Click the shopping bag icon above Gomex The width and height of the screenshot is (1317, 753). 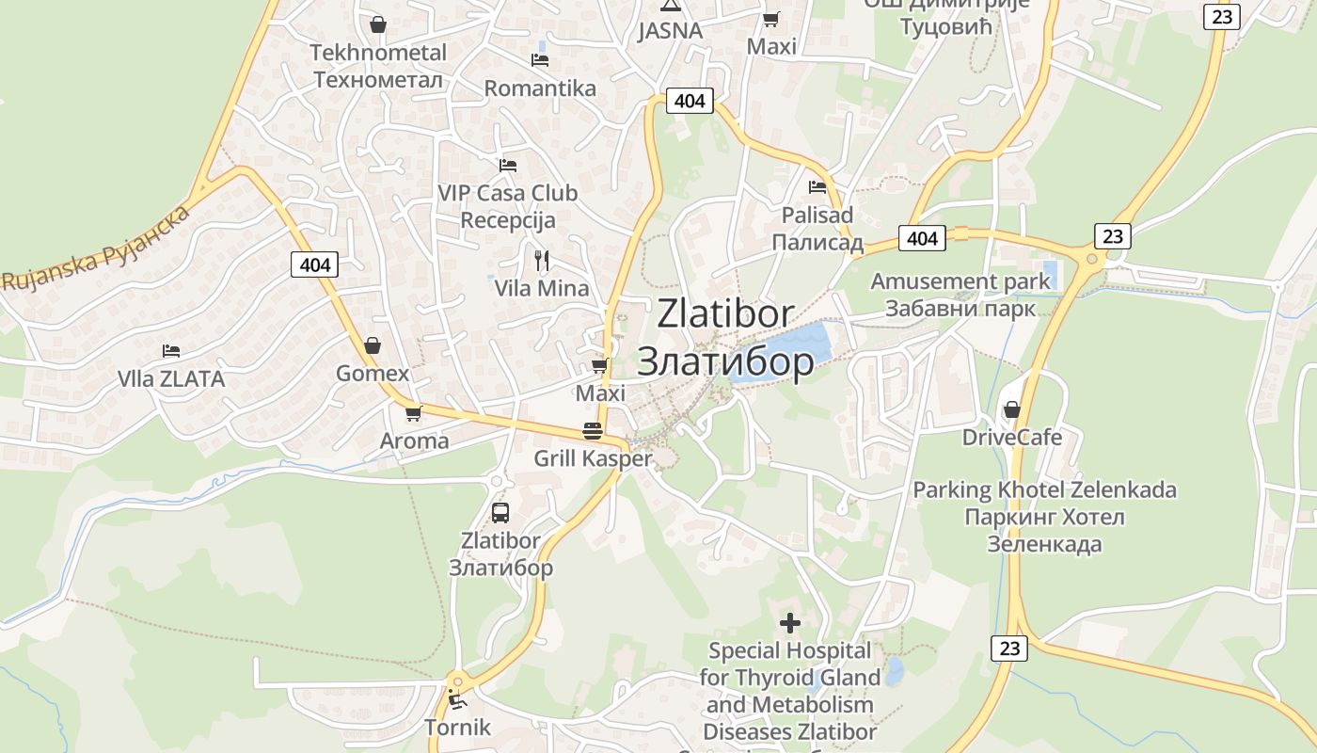[x=373, y=345]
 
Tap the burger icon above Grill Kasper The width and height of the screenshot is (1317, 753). [x=593, y=431]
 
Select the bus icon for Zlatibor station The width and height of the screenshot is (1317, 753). [x=500, y=513]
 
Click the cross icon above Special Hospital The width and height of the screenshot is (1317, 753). [x=790, y=622]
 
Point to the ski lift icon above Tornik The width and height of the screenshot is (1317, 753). [x=456, y=699]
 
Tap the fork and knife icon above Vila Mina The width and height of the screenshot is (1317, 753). [x=542, y=260]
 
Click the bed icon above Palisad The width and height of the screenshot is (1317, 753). [x=817, y=187]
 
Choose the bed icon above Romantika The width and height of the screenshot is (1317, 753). [x=540, y=60]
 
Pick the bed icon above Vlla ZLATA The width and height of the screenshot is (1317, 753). [x=170, y=351]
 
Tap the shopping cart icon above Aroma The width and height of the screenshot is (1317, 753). [x=413, y=413]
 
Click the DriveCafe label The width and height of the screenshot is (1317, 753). [x=1012, y=438]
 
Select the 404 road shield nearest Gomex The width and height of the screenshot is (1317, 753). [x=314, y=264]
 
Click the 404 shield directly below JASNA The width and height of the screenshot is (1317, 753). [x=690, y=101]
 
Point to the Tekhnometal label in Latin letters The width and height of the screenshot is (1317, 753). [x=378, y=52]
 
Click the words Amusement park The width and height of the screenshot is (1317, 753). [x=960, y=281]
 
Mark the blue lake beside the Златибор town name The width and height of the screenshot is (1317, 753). [x=785, y=352]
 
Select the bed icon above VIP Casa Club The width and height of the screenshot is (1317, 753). [x=508, y=166]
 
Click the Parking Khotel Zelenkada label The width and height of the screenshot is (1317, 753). [x=1044, y=490]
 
